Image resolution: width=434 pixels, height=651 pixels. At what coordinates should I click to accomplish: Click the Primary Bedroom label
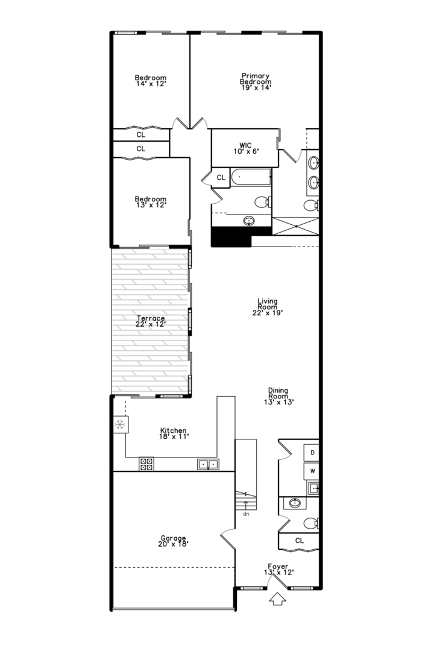[x=254, y=81]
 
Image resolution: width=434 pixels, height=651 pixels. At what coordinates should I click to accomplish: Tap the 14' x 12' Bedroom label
[x=150, y=80]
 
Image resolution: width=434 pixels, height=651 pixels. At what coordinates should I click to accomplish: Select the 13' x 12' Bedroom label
[x=150, y=202]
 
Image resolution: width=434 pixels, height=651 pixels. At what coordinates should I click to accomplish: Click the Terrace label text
[x=150, y=321]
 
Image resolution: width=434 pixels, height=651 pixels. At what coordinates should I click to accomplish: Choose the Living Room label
[x=267, y=307]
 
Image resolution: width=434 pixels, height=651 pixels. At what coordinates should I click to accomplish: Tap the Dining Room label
[x=278, y=395]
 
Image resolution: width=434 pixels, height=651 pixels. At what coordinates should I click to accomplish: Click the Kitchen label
[x=173, y=433]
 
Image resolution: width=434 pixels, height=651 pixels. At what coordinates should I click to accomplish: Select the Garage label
[x=173, y=541]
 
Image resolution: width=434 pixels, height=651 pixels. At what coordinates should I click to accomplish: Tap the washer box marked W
[x=312, y=470]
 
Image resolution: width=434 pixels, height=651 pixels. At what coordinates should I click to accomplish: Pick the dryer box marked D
[x=312, y=452]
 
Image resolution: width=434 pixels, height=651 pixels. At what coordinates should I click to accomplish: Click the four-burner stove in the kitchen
[x=146, y=464]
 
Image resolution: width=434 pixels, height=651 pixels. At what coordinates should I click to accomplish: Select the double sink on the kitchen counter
[x=209, y=464]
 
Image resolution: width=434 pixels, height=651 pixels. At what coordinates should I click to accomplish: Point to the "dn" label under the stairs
[x=246, y=514]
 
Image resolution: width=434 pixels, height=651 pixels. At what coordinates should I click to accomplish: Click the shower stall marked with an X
[x=295, y=226]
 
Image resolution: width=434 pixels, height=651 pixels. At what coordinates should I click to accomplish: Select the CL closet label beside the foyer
[x=300, y=541]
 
